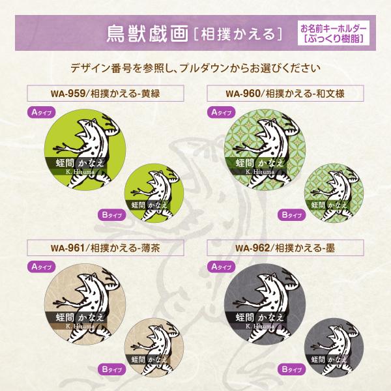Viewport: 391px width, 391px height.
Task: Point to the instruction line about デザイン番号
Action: point(195,68)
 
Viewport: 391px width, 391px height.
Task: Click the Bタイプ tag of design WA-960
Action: point(291,214)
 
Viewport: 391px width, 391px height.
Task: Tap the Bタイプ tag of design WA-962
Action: point(291,369)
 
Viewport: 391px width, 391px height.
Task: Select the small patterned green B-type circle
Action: point(330,189)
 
